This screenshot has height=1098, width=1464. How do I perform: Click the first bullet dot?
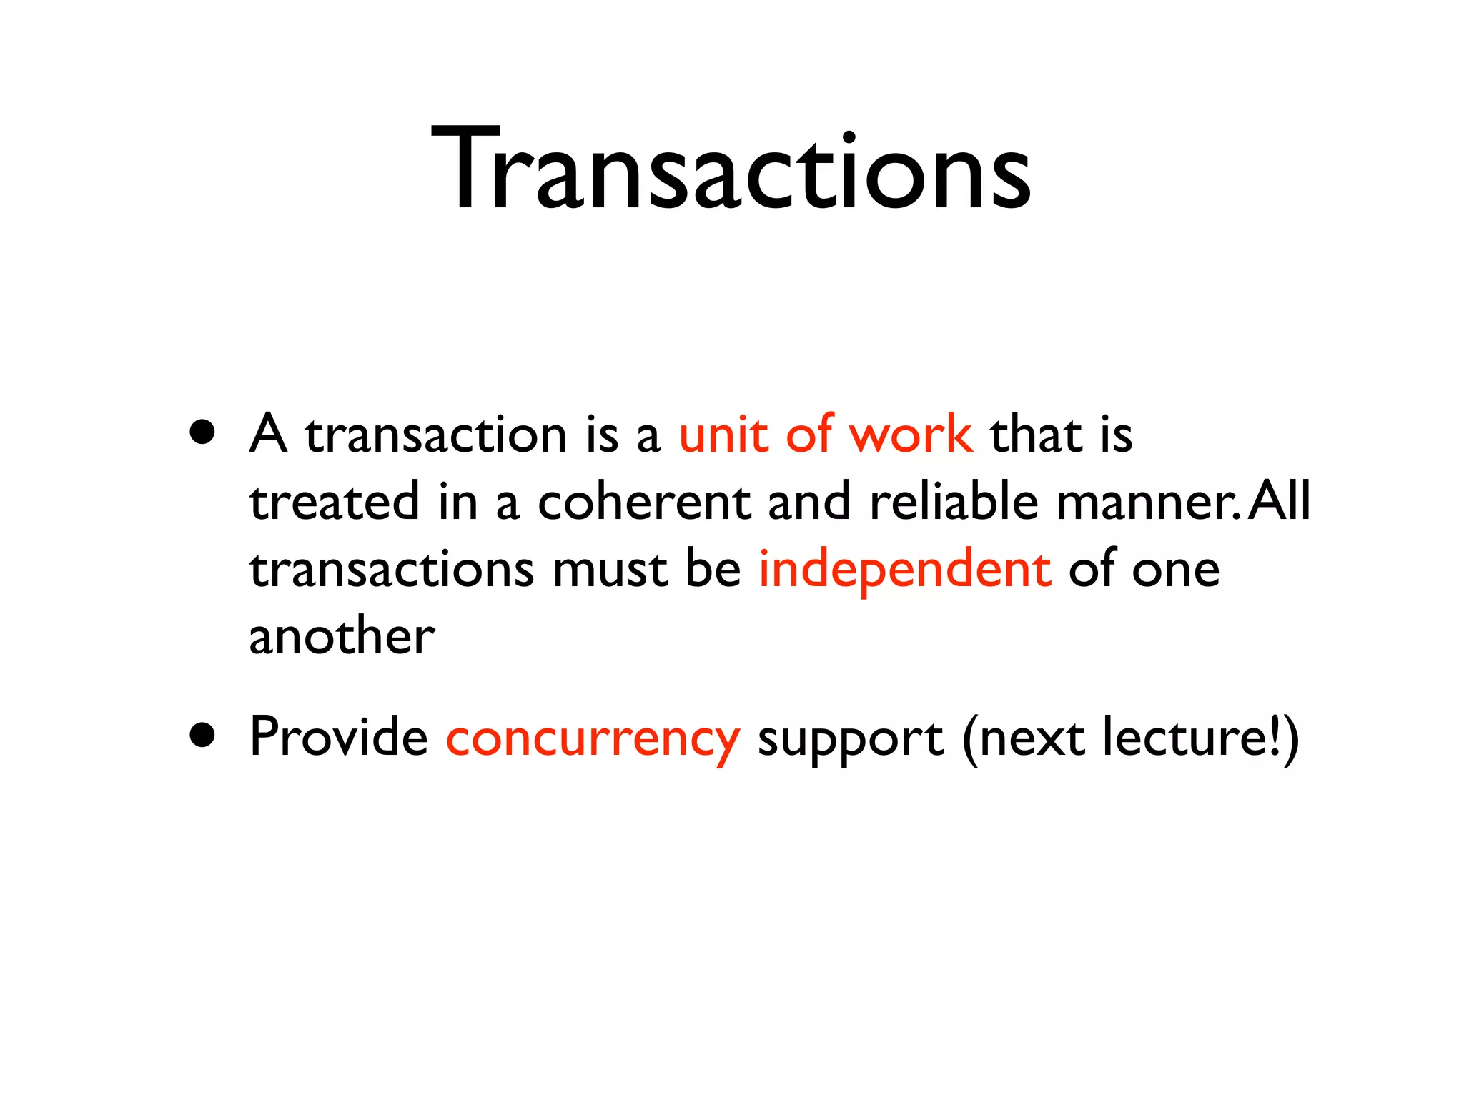tap(203, 433)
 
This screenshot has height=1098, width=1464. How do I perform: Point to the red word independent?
tap(905, 570)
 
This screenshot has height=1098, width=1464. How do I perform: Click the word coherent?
tap(643, 502)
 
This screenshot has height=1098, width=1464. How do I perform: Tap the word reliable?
tap(954, 502)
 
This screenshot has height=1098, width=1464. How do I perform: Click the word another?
tap(342, 636)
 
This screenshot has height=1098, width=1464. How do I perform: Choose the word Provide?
tap(339, 736)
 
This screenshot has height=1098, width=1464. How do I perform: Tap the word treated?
tap(334, 502)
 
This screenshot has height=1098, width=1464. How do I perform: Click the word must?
tap(610, 570)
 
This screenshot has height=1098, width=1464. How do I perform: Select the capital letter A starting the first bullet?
tap(268, 433)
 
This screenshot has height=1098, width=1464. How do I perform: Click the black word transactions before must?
tap(392, 570)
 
